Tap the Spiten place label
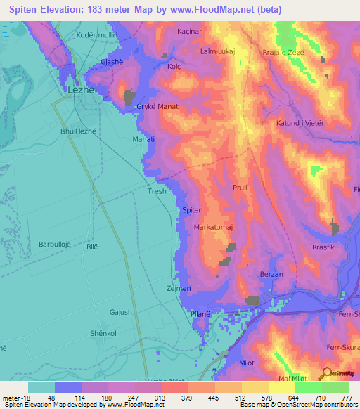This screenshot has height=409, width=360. pyautogui.click(x=192, y=210)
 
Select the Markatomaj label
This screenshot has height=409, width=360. pyautogui.click(x=214, y=228)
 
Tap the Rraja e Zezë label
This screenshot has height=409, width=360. pyautogui.click(x=282, y=52)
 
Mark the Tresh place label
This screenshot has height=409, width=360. pyautogui.click(x=157, y=191)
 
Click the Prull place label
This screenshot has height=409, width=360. pyautogui.click(x=240, y=188)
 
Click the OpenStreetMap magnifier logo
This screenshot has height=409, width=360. pyautogui.click(x=326, y=374)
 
